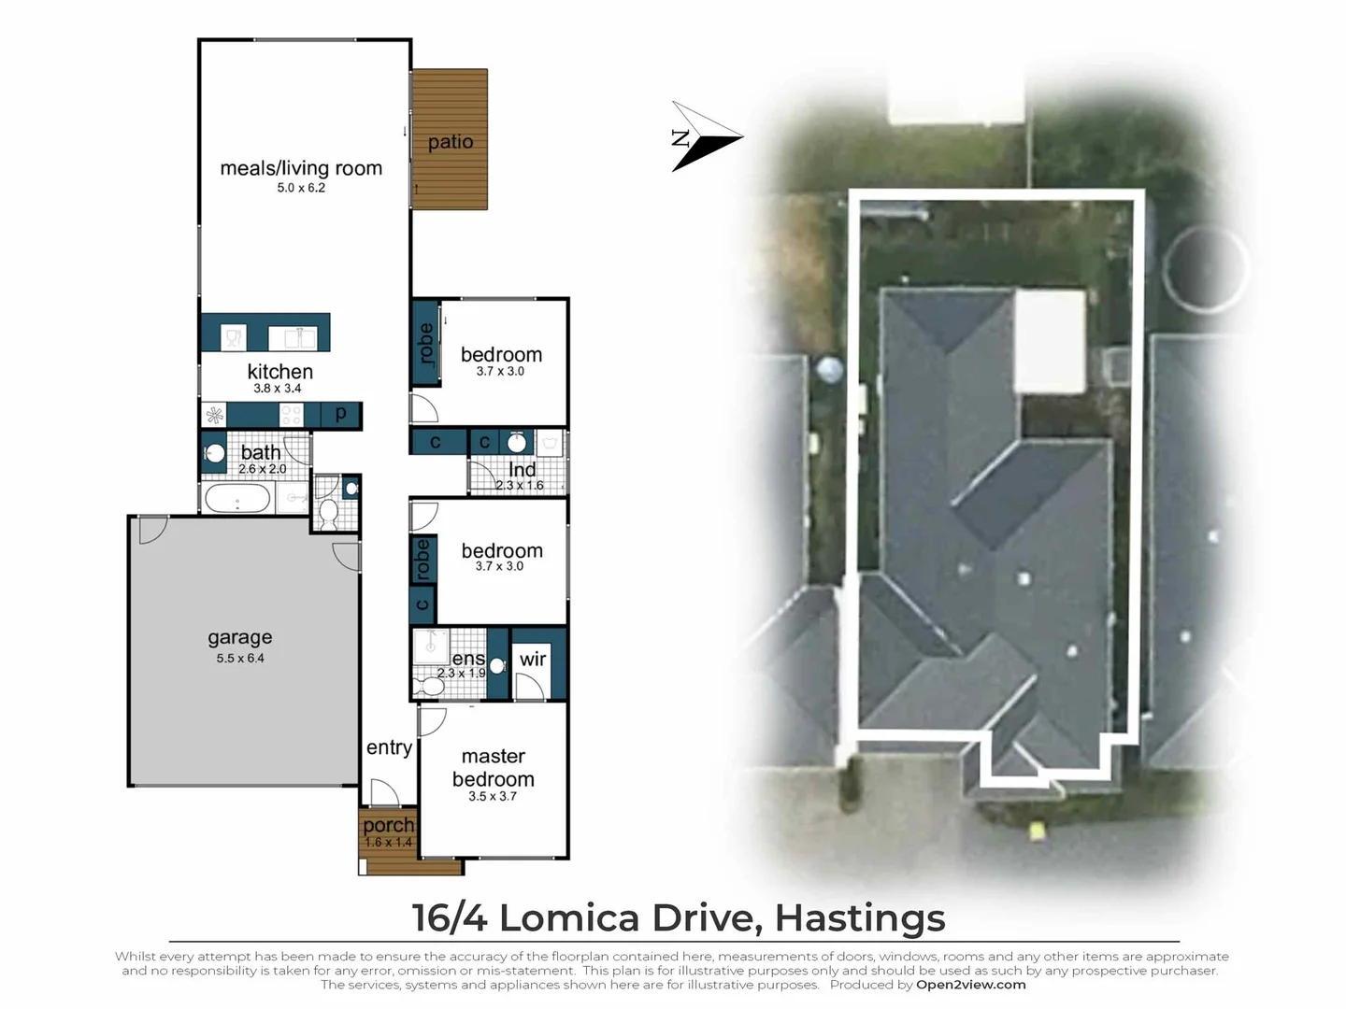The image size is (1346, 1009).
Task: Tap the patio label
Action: coord(451,141)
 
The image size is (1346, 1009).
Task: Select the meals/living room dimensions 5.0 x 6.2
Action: coord(301,188)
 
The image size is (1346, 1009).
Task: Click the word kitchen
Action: coord(280,371)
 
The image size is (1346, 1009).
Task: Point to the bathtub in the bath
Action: coord(237,498)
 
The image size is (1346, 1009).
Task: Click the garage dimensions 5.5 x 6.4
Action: coord(240,658)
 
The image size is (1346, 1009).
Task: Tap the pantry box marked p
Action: coord(341,415)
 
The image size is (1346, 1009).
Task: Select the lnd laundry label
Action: coord(522,469)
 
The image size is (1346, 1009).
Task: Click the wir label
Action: coord(532,660)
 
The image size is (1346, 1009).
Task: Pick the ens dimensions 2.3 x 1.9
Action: coord(461,673)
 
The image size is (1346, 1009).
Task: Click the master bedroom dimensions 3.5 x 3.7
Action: coord(493,796)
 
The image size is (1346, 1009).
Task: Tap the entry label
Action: coord(389,747)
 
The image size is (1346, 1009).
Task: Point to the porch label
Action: coord(388,825)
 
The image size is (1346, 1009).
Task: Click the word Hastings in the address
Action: coord(860,918)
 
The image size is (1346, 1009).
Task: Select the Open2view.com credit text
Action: coord(971,985)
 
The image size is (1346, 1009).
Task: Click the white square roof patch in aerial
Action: coord(1049,341)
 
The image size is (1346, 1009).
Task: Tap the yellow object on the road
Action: coord(1037,831)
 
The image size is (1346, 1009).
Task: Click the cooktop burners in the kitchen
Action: coord(291,415)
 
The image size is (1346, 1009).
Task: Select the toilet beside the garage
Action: coord(329,514)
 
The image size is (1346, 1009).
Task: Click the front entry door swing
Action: coord(385,791)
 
